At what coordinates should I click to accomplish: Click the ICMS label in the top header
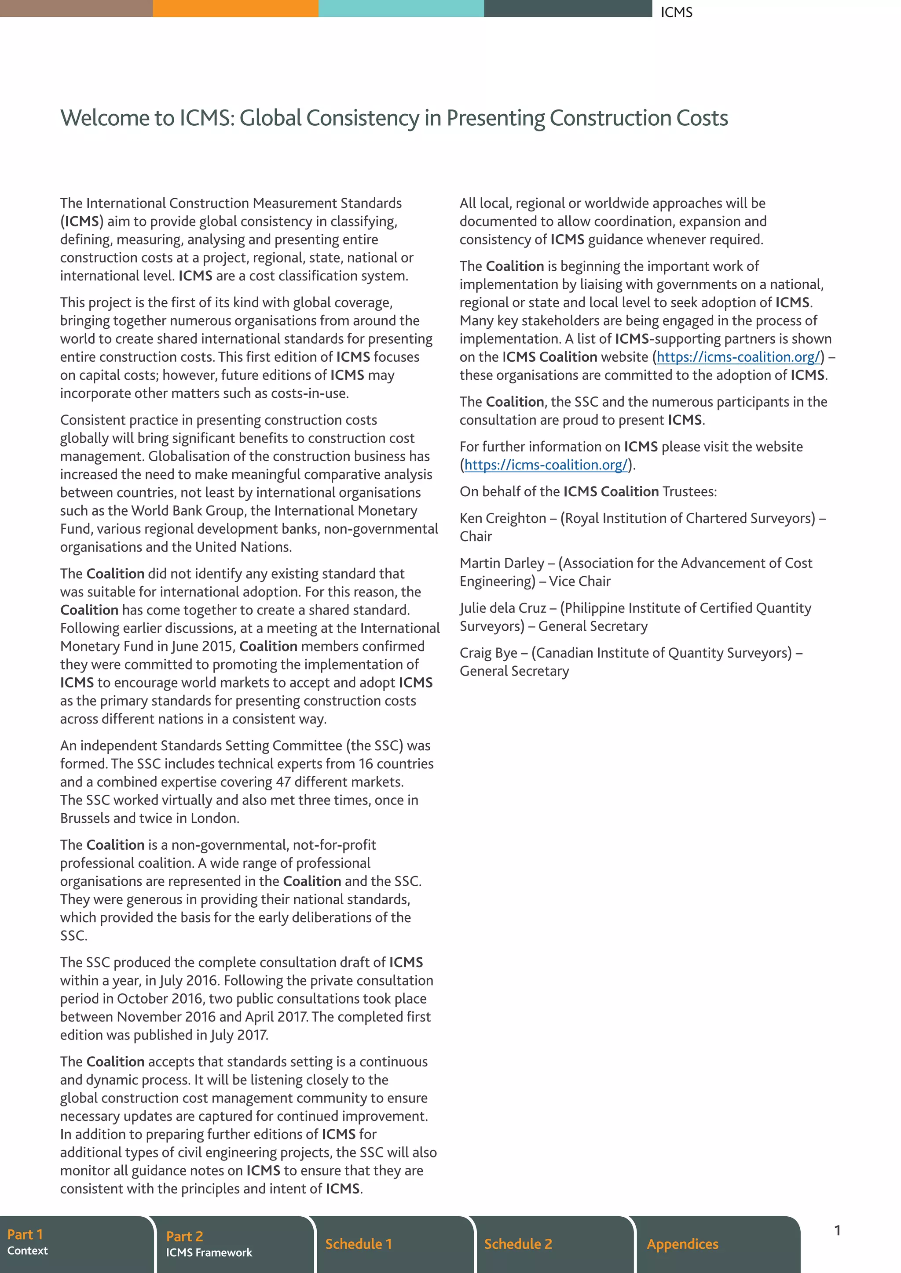[x=676, y=12]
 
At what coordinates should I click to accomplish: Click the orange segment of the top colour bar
[x=235, y=8]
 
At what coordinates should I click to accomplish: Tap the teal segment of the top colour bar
[x=401, y=8]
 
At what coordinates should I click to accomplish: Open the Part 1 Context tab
[x=75, y=1244]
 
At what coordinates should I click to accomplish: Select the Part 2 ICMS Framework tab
[x=233, y=1244]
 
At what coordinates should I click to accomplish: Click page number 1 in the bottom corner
[x=837, y=1230]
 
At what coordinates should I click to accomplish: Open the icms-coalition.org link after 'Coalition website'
[x=738, y=357]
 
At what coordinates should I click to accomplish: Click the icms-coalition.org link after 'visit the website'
[x=546, y=465]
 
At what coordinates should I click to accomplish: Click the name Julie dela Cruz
[x=503, y=607]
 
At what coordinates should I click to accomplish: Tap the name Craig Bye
[x=488, y=653]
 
